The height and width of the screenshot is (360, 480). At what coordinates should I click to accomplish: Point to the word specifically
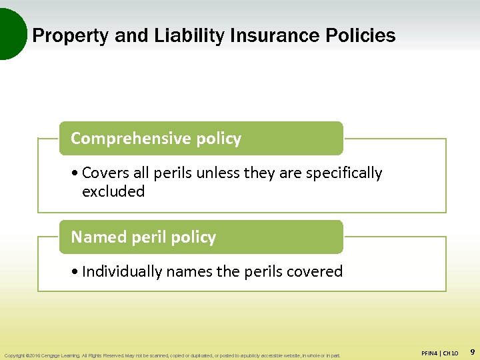click(x=344, y=173)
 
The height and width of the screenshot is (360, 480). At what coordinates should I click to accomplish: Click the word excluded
click(x=113, y=192)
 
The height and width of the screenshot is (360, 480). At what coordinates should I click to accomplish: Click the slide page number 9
click(x=472, y=351)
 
